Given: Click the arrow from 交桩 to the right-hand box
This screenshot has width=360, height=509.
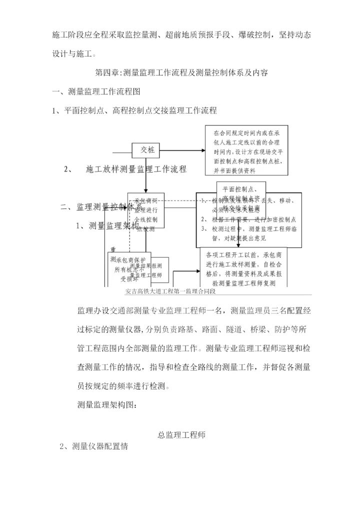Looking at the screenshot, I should pyautogui.click(x=183, y=150).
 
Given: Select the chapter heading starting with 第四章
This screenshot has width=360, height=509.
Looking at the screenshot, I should pyautogui.click(x=181, y=73).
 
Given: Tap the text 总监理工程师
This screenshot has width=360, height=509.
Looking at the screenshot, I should pyautogui.click(x=181, y=435).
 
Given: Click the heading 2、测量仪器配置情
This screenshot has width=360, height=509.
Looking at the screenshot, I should pyautogui.click(x=94, y=446).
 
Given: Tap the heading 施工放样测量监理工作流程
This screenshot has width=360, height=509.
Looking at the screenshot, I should pyautogui.click(x=136, y=169).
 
